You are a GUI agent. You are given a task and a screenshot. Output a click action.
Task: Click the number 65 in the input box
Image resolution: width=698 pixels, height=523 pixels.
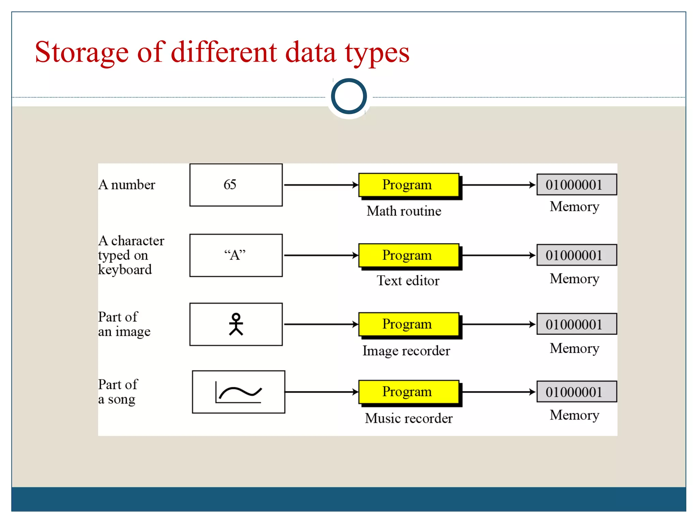pyautogui.click(x=230, y=185)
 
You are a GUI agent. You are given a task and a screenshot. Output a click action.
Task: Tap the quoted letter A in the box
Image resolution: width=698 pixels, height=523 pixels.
pyautogui.click(x=235, y=255)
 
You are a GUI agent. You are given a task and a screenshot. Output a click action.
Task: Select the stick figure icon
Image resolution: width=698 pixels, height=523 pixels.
pyautogui.click(x=236, y=324)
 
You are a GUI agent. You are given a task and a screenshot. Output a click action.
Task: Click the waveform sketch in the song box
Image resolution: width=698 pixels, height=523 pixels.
pyautogui.click(x=239, y=393)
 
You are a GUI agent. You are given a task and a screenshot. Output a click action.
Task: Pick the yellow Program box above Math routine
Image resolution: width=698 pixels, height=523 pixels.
pyautogui.click(x=408, y=185)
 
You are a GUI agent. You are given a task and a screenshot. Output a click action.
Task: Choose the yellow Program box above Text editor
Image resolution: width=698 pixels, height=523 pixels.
pyautogui.click(x=408, y=255)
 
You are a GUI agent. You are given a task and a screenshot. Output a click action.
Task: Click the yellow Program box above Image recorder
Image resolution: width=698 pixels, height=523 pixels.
pyautogui.click(x=408, y=324)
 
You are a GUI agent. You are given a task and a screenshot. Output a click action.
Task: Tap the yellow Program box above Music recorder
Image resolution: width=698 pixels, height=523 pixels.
pyautogui.click(x=408, y=392)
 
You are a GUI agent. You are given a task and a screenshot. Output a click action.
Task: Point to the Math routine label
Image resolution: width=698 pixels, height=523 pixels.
pyautogui.click(x=404, y=211)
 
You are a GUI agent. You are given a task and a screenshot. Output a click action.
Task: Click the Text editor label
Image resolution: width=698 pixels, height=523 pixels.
pyautogui.click(x=408, y=281)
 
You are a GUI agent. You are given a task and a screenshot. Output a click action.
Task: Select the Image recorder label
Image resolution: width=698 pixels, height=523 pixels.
pyautogui.click(x=406, y=351)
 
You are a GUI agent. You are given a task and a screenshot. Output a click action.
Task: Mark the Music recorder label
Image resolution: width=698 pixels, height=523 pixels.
pyautogui.click(x=409, y=418)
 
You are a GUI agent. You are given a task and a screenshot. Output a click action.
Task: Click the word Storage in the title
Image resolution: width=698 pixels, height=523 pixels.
pyautogui.click(x=82, y=52)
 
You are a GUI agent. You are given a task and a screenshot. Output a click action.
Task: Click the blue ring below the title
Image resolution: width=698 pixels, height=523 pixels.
pyautogui.click(x=349, y=96)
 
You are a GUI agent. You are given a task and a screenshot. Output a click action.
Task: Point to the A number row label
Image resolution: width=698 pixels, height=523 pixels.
pyautogui.click(x=127, y=185)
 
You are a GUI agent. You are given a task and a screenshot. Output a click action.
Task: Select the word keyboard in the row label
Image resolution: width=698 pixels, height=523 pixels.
pyautogui.click(x=125, y=270)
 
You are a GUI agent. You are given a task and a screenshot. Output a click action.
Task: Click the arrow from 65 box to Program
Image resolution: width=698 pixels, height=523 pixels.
pyautogui.click(x=320, y=185)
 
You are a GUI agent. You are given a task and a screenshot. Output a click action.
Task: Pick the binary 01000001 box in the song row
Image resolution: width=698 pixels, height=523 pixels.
pyautogui.click(x=576, y=392)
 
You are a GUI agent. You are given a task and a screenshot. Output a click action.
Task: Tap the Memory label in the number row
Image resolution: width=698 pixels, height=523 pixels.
pyautogui.click(x=574, y=207)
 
